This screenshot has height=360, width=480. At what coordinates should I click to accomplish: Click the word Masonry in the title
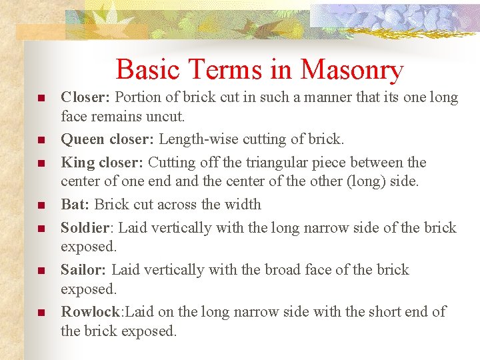point(352,70)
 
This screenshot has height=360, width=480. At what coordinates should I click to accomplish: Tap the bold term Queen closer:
point(107,140)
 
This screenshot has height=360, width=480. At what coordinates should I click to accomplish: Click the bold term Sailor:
point(83,269)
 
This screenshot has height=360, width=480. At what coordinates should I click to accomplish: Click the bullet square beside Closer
point(41,99)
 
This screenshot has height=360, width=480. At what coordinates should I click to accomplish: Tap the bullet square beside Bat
point(41,205)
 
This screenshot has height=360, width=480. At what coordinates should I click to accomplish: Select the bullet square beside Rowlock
point(41,313)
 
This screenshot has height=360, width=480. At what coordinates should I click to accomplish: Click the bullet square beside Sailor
point(41,271)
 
